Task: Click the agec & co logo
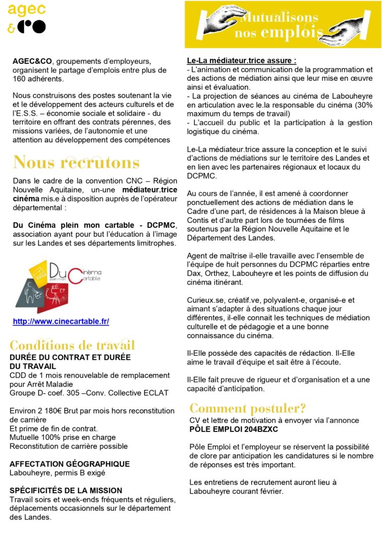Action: (x=27, y=18)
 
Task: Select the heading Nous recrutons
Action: (x=76, y=162)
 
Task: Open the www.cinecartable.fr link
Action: (x=61, y=322)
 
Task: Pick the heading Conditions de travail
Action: (x=72, y=345)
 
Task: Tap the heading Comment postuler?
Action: (x=248, y=409)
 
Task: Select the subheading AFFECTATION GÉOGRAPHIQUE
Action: (x=70, y=464)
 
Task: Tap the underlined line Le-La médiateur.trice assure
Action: (x=242, y=61)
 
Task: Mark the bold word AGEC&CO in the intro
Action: (x=32, y=61)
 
